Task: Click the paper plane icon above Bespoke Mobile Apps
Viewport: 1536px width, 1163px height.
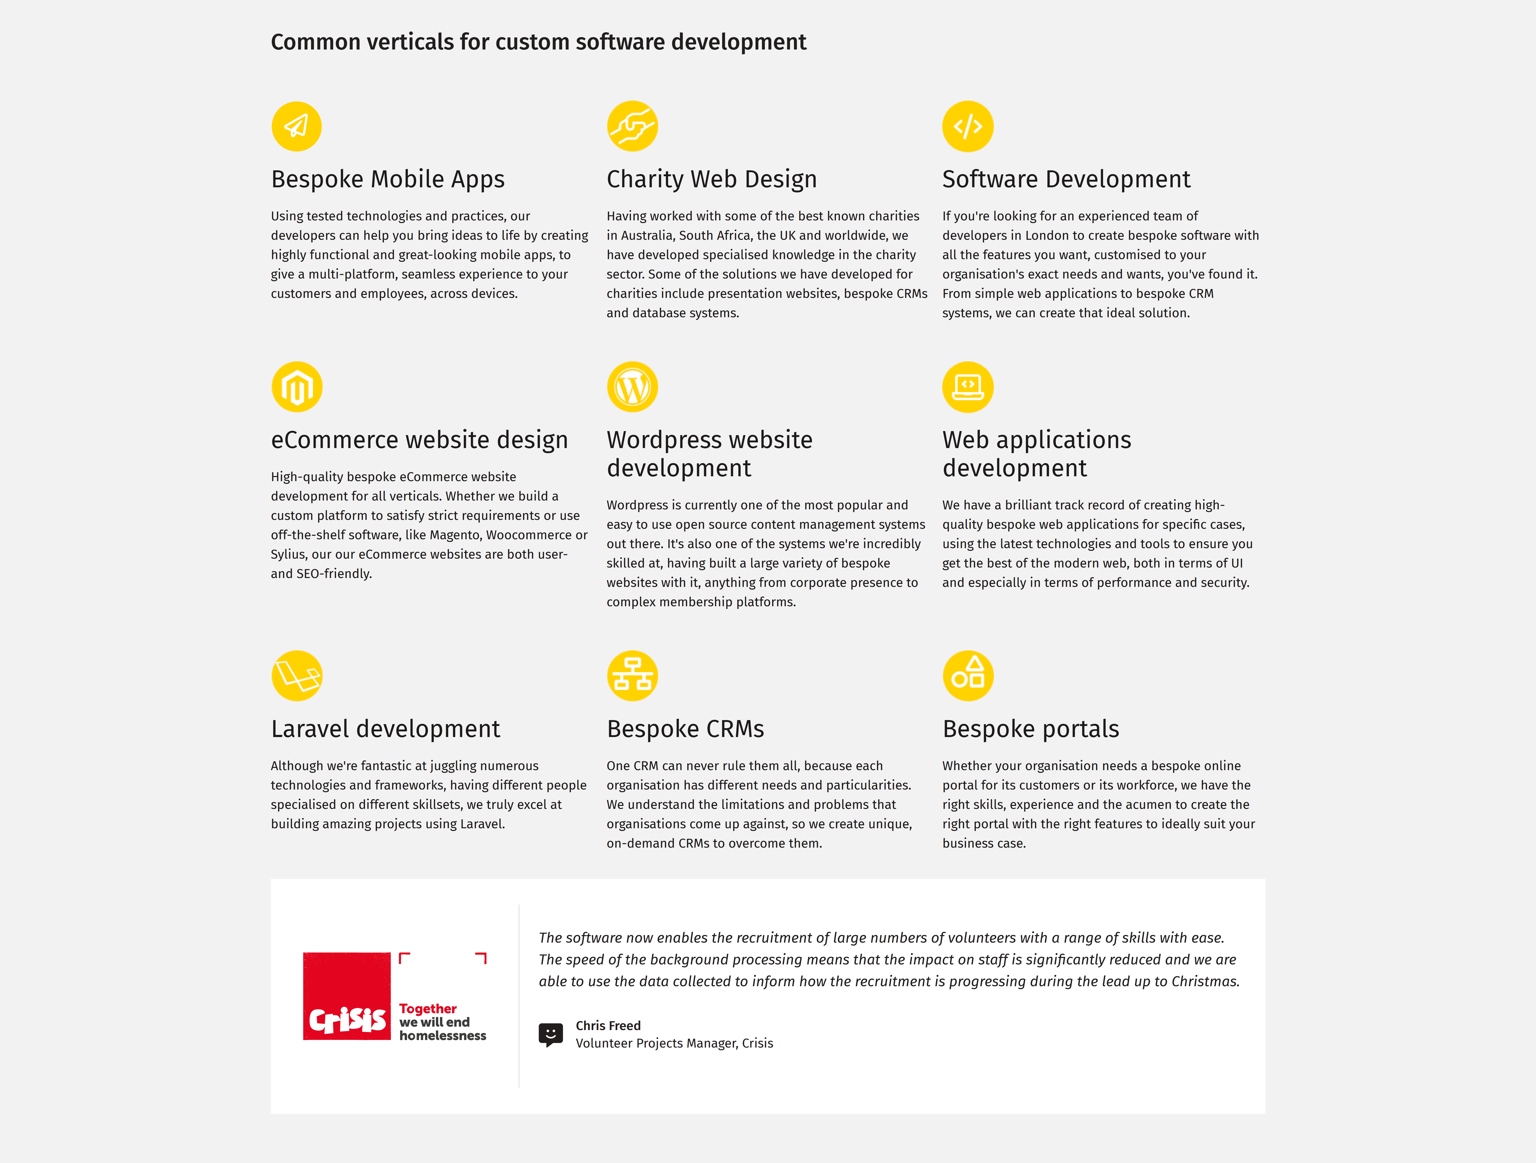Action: tap(296, 126)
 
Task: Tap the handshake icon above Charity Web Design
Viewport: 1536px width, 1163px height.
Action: tap(632, 126)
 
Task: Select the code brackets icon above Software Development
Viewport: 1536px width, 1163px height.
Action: tap(967, 126)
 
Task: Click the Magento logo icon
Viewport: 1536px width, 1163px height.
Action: tap(296, 387)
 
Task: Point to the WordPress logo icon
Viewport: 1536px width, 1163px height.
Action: tap(632, 387)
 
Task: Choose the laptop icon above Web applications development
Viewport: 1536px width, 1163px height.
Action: tap(967, 387)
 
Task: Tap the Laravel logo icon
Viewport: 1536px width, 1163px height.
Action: tap(296, 676)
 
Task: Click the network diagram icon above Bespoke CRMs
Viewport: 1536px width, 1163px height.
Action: tap(632, 676)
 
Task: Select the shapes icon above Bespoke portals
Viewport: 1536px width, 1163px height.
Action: tap(967, 676)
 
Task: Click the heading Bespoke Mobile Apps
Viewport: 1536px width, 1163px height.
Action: tap(387, 179)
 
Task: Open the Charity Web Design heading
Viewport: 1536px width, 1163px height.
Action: tap(711, 179)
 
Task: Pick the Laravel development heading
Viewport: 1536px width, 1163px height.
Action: tap(385, 729)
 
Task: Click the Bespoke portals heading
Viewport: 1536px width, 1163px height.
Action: tap(1030, 729)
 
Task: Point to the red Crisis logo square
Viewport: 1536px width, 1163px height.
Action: tap(347, 996)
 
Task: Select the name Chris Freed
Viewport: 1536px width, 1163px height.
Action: tap(608, 1025)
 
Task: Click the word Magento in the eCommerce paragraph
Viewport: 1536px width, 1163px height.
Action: tap(454, 535)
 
